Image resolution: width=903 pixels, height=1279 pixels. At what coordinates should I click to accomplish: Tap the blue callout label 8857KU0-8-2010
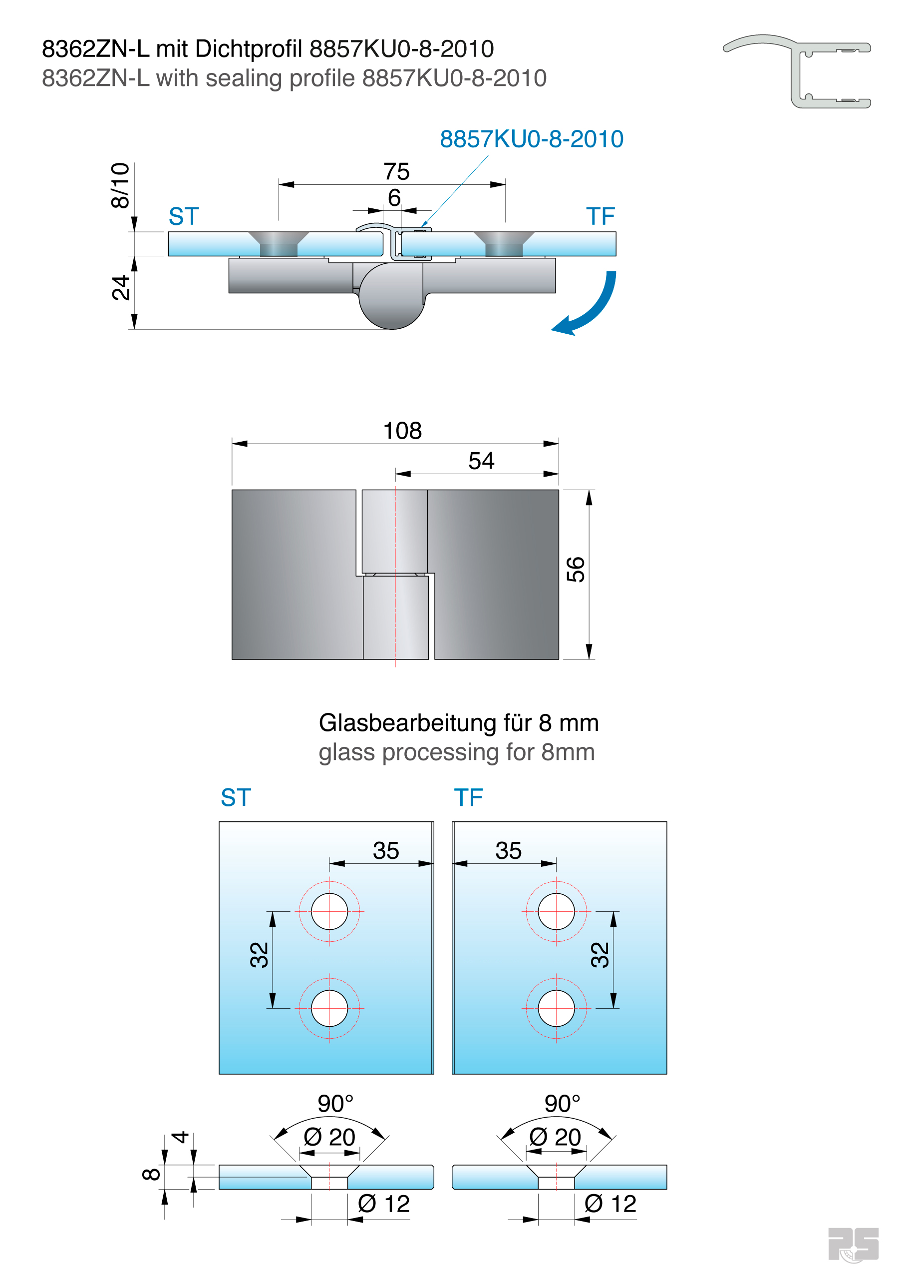pyautogui.click(x=531, y=139)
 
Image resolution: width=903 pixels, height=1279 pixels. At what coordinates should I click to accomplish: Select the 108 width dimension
pyautogui.click(x=402, y=431)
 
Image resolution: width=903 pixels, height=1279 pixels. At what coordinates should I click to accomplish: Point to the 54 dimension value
pyautogui.click(x=481, y=461)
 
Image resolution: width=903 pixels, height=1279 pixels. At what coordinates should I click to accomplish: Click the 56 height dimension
pyautogui.click(x=576, y=570)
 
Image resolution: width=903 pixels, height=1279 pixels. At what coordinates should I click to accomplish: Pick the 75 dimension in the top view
pyautogui.click(x=396, y=171)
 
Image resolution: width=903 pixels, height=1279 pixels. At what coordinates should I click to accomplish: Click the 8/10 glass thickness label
pyautogui.click(x=120, y=185)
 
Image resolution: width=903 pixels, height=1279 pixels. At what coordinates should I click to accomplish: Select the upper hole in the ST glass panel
pyautogui.click(x=329, y=911)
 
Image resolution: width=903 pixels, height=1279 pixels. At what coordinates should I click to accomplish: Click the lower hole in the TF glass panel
pyautogui.click(x=556, y=1008)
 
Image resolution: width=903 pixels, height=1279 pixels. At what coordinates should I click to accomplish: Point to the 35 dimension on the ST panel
pyautogui.click(x=386, y=851)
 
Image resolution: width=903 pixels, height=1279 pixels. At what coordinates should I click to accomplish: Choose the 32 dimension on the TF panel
pyautogui.click(x=600, y=955)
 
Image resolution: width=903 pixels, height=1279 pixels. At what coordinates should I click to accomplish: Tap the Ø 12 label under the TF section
pyautogui.click(x=610, y=1204)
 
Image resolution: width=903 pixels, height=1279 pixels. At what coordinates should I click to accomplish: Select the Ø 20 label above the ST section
pyautogui.click(x=329, y=1137)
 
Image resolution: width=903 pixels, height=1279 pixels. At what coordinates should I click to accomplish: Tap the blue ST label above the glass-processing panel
pyautogui.click(x=236, y=798)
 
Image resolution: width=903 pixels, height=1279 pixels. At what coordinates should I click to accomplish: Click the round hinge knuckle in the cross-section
pyautogui.click(x=391, y=296)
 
